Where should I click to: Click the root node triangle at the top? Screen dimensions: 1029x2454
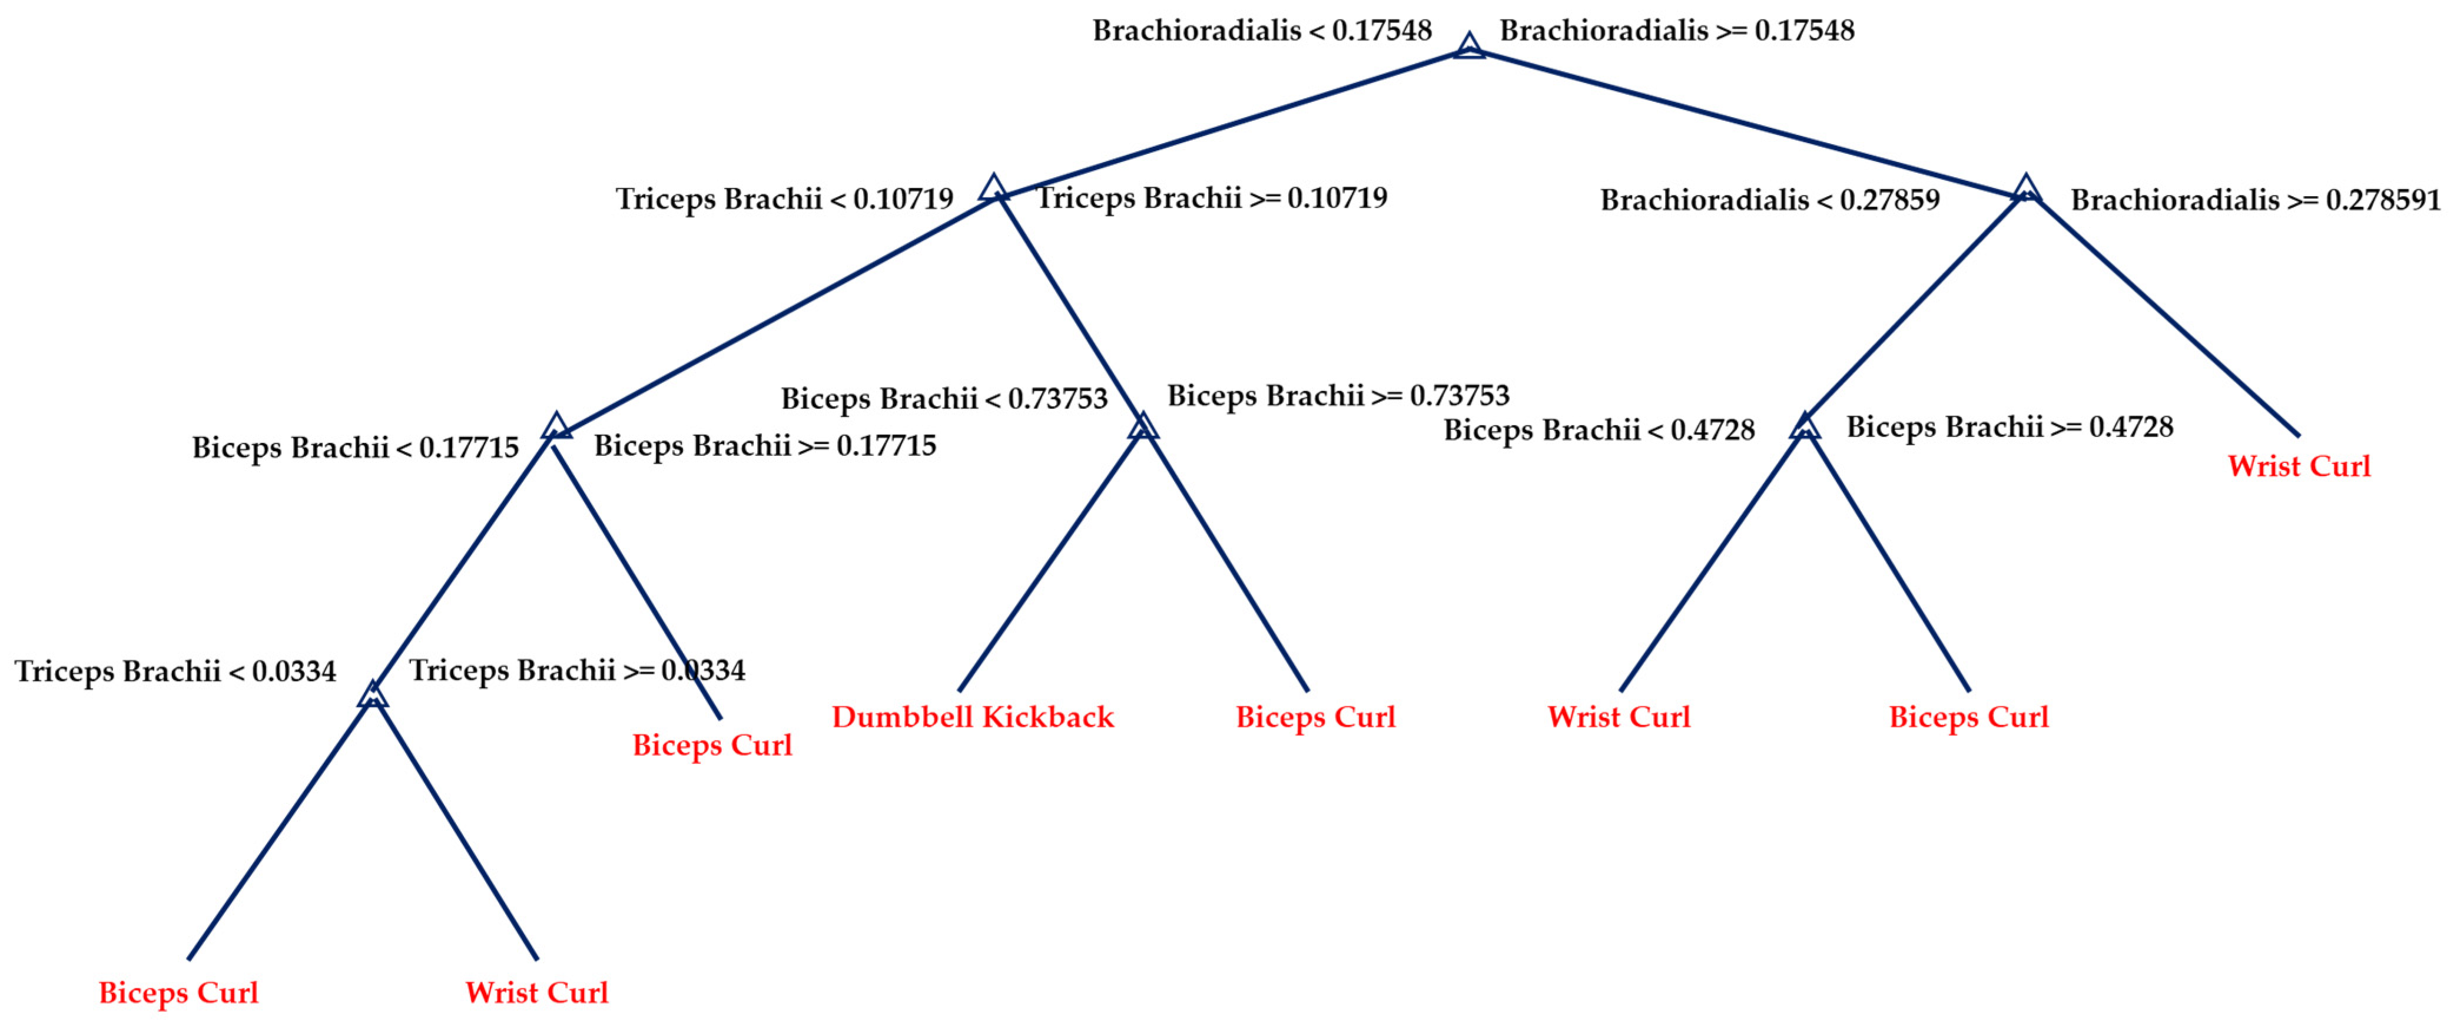1469,46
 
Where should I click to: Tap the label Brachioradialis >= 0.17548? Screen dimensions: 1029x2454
1677,31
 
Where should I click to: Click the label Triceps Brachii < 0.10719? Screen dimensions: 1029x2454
784,199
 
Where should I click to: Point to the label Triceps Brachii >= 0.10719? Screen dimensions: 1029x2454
1212,198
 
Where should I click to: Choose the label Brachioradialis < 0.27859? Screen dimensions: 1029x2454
1769,200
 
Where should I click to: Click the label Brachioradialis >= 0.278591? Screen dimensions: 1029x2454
2255,200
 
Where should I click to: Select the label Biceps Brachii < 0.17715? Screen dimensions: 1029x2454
356,448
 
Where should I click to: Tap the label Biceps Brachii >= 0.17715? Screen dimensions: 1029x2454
765,446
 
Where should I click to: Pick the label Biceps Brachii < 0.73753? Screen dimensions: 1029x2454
944,398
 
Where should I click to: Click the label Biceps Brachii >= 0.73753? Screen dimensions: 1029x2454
1338,395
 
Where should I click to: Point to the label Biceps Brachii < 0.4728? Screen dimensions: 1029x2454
1599,430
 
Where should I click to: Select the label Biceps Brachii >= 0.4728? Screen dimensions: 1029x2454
2010,427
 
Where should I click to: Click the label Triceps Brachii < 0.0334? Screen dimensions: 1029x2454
175,671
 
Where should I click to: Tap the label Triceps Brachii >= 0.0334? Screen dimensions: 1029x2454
578,671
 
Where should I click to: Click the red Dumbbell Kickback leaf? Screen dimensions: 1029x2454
973,717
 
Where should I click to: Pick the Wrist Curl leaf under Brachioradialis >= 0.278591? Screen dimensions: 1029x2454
2299,467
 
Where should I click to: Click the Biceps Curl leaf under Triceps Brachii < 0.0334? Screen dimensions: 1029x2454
178,993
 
